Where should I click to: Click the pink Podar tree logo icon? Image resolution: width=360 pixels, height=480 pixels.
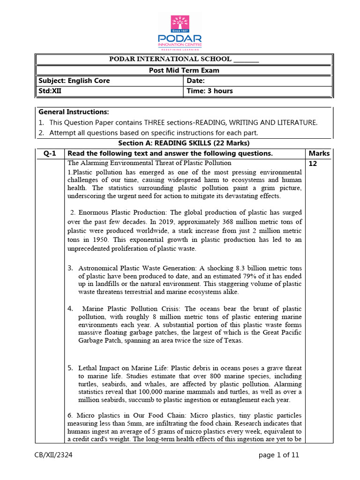click(180, 24)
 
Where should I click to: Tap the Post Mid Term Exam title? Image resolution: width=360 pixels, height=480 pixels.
click(184, 70)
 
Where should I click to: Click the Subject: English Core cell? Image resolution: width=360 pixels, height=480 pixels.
click(74, 81)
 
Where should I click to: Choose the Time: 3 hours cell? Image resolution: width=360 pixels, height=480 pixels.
click(210, 91)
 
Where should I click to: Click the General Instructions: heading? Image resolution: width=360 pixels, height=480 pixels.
click(74, 112)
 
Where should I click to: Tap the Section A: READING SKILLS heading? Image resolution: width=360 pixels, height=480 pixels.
click(184, 143)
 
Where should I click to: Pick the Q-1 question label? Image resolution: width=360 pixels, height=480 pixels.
click(49, 153)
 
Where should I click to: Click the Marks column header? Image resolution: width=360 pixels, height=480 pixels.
click(319, 153)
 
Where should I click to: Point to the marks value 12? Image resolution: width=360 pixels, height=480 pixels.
click(313, 164)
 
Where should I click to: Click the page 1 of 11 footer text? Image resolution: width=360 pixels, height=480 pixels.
click(278, 455)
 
